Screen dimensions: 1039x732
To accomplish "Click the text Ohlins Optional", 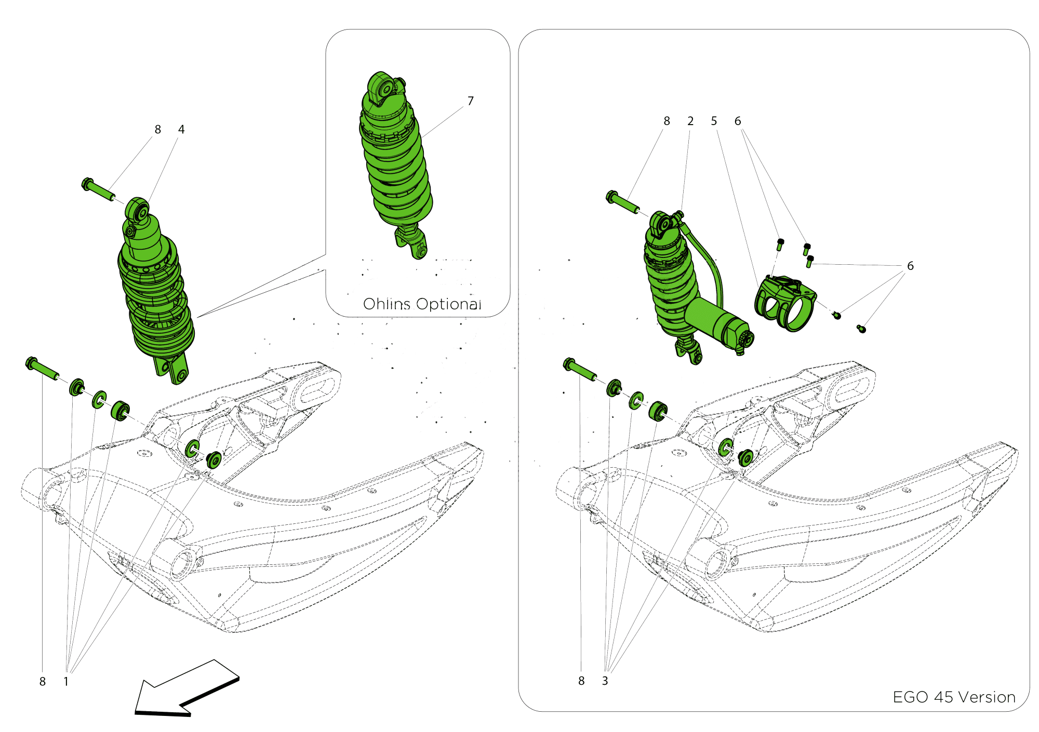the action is tap(422, 304).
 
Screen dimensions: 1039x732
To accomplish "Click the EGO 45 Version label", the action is tap(954, 697).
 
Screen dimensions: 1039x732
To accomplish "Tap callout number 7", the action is tap(471, 101).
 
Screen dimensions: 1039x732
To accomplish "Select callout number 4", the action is tap(181, 129).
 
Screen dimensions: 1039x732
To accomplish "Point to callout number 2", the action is tap(690, 121).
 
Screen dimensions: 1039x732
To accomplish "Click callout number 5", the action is tap(714, 121).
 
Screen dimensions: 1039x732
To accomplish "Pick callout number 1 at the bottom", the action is tap(66, 681).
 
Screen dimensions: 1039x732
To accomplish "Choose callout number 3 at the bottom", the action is tap(605, 681).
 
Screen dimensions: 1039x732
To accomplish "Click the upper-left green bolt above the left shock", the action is tap(98, 190).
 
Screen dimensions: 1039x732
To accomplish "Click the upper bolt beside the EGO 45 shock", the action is tap(622, 202).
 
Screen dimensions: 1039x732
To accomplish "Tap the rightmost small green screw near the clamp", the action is tap(861, 328).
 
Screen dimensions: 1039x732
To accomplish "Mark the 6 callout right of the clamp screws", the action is tap(910, 266).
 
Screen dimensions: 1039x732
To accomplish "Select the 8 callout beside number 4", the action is tap(158, 129).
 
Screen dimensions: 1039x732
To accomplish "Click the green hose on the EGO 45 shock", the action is tap(707, 260).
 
